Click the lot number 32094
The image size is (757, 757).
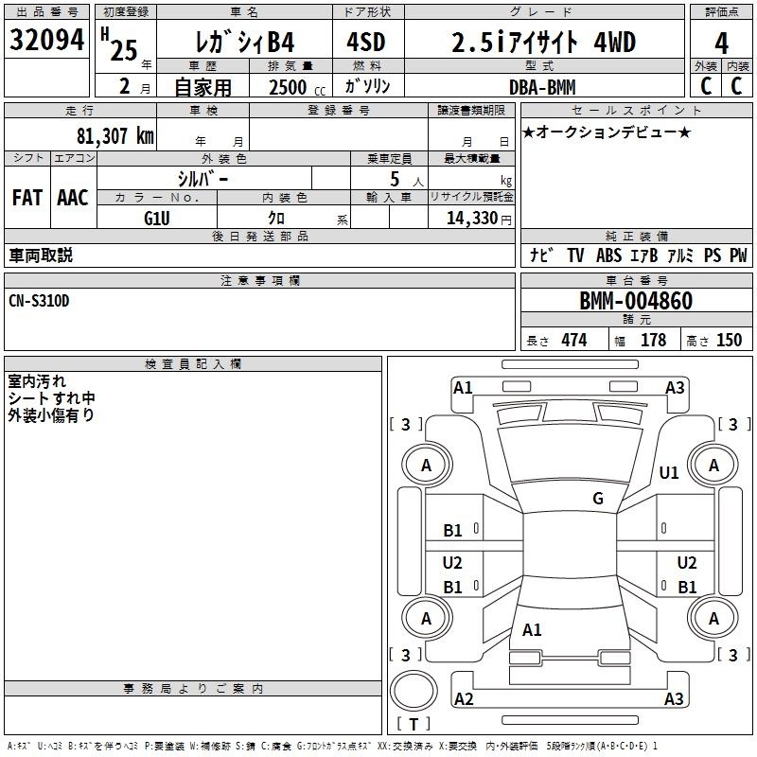click(46, 42)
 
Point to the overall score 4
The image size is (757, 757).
click(722, 44)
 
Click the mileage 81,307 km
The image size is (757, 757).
click(114, 135)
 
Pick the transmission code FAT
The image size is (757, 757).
click(26, 198)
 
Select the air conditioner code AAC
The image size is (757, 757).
click(73, 198)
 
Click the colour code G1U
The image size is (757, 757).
click(156, 218)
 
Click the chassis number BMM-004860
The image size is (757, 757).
click(636, 302)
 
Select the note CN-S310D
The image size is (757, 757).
click(39, 301)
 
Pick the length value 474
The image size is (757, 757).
click(573, 341)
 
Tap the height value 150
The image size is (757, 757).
click(729, 341)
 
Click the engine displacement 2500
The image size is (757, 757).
click(288, 87)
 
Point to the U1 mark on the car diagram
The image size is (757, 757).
click(669, 472)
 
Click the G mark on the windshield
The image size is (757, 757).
click(597, 499)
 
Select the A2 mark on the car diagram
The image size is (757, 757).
click(464, 699)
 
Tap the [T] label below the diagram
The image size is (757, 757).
click(414, 724)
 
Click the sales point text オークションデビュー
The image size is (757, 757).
click(607, 132)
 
